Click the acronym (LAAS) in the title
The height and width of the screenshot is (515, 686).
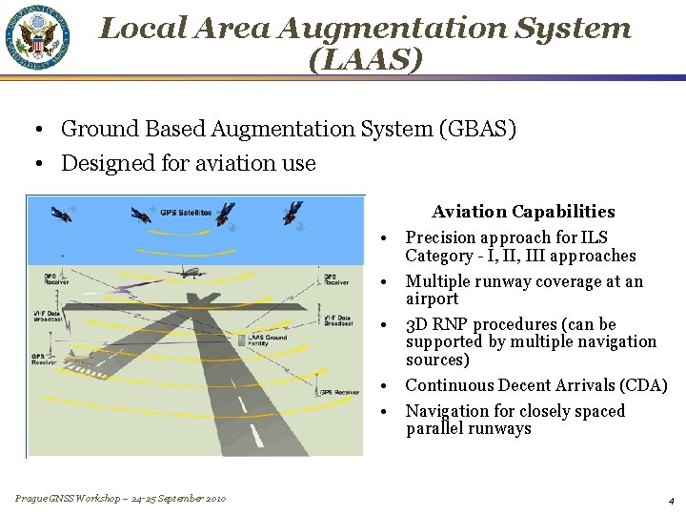pos(365,61)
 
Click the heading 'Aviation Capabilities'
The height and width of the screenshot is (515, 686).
pos(522,212)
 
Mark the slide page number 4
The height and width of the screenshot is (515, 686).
pos(671,500)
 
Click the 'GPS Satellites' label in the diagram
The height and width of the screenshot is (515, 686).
pos(185,212)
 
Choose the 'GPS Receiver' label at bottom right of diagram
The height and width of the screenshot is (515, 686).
pos(337,392)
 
